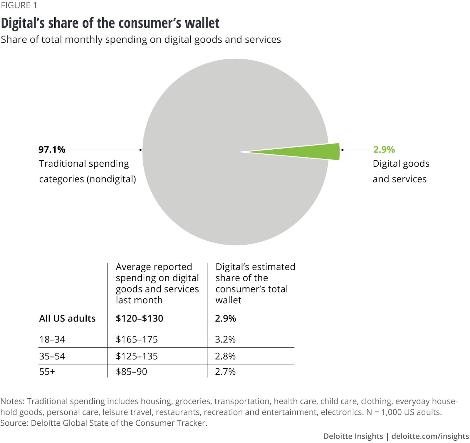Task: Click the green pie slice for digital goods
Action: (317, 152)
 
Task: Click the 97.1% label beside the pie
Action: (52, 150)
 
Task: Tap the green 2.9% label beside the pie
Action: (384, 150)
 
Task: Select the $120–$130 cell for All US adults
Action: (139, 318)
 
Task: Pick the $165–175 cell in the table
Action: (137, 340)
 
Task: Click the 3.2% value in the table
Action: (225, 340)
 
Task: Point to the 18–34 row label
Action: (52, 340)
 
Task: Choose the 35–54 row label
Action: (52, 356)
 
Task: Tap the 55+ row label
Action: (47, 372)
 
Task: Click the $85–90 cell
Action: (131, 372)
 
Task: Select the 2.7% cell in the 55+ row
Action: (225, 372)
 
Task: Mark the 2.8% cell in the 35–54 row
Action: (225, 356)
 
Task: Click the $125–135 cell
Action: (137, 356)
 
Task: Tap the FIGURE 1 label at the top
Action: (19, 5)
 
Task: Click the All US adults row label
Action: (67, 318)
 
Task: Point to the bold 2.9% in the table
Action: (225, 318)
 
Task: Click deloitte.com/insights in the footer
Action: (430, 436)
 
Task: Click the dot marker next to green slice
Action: (343, 150)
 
